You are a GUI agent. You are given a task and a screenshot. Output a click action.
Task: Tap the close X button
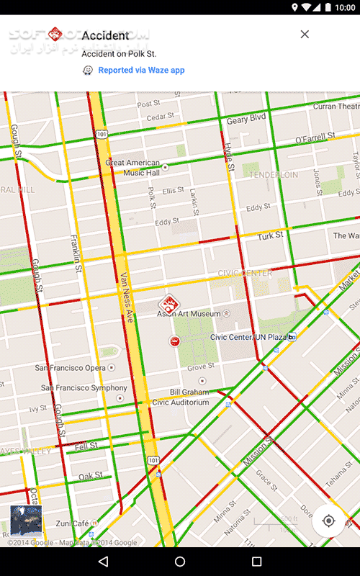305,34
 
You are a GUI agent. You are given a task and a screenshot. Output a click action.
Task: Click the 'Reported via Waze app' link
141,70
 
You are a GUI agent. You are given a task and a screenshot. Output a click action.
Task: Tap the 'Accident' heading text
105,35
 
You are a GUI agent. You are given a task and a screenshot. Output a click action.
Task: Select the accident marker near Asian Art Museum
168,303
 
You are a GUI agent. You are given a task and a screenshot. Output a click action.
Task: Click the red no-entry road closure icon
175,341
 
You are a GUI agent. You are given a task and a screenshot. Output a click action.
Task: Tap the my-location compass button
329,521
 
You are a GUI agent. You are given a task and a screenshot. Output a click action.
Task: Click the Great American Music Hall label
133,168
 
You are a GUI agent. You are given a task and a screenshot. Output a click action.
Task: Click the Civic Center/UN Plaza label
248,337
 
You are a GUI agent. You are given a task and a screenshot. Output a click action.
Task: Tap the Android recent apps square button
256,561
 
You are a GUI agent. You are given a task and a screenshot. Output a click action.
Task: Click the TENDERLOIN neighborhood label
274,175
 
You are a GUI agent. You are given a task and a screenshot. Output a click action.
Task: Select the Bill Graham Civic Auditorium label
189,397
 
